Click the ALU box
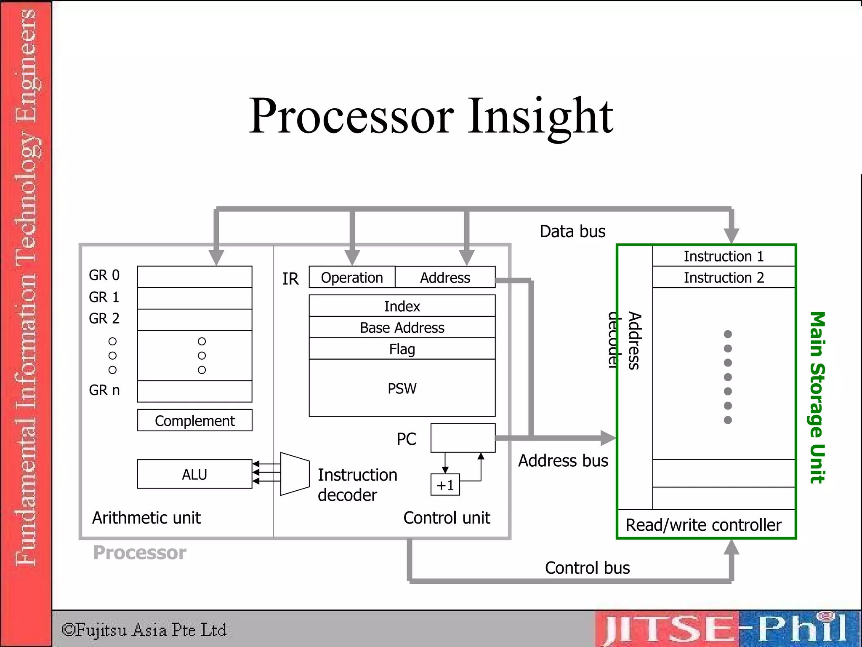(x=194, y=474)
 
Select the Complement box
(x=194, y=420)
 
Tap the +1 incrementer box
(x=445, y=485)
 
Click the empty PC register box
(x=463, y=438)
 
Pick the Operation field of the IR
(x=352, y=277)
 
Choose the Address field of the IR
(x=445, y=277)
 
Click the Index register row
(x=402, y=306)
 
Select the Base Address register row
(x=402, y=327)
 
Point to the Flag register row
(x=402, y=349)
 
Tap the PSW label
(x=402, y=388)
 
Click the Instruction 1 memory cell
(x=724, y=256)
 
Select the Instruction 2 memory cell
(x=724, y=278)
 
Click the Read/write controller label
(x=703, y=525)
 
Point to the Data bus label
(x=572, y=231)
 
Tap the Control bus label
(x=587, y=568)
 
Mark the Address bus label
(x=563, y=460)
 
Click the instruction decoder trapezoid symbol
(x=295, y=474)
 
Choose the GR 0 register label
(x=104, y=275)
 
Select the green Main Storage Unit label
(x=817, y=397)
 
